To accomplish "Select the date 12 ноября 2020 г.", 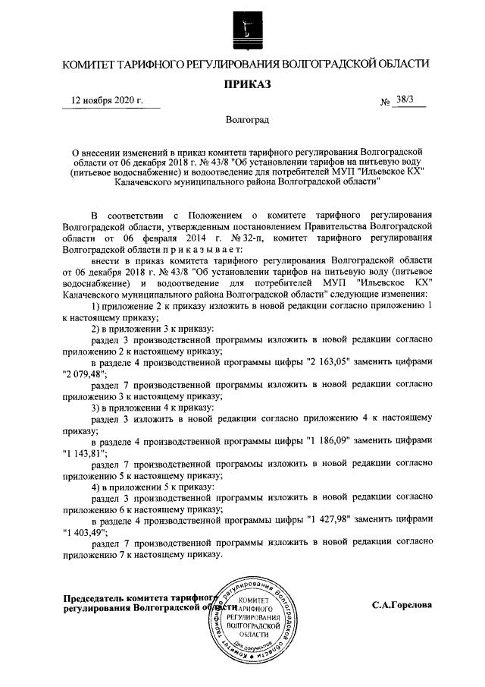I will coord(106,101).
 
